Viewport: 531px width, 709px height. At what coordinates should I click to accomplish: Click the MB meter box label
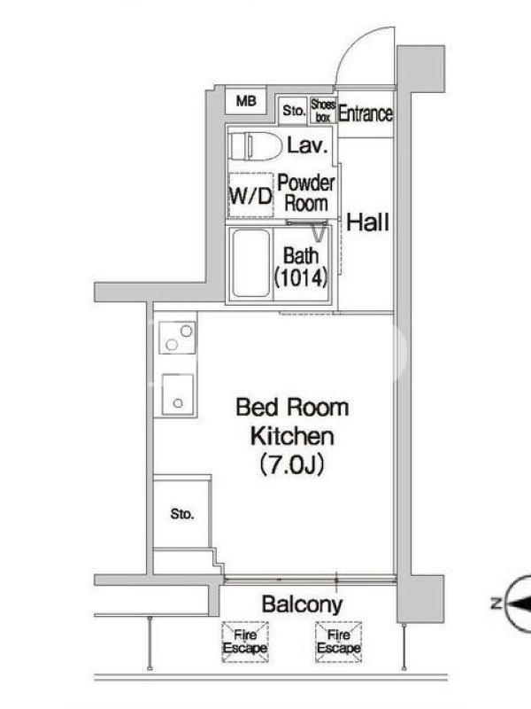(246, 101)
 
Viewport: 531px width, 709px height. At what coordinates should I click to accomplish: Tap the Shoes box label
(323, 111)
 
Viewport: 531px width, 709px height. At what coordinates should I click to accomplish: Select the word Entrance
(366, 113)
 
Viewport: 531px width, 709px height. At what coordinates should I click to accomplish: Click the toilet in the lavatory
(254, 145)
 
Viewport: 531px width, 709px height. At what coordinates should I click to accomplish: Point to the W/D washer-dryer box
(251, 195)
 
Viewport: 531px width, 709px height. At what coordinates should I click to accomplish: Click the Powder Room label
(305, 193)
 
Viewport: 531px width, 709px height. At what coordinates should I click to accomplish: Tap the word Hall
(367, 222)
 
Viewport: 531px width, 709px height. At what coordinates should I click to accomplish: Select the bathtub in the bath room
(251, 263)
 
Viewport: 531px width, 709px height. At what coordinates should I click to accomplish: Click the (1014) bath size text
(301, 278)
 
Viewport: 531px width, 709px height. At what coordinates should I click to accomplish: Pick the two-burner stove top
(178, 338)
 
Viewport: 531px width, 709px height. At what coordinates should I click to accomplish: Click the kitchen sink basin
(178, 394)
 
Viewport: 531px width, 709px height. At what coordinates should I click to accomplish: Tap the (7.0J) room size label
(292, 464)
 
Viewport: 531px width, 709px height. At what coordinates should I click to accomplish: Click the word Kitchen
(292, 436)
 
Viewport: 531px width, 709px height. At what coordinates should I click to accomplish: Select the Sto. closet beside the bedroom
(182, 514)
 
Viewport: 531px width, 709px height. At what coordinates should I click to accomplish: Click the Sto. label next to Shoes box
(294, 110)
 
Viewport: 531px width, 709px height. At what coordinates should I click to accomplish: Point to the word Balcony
(302, 604)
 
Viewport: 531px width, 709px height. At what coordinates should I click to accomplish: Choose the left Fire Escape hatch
(245, 642)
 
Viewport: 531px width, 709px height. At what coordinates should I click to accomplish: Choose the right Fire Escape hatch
(339, 642)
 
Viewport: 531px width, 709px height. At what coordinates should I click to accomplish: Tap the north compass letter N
(496, 603)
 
